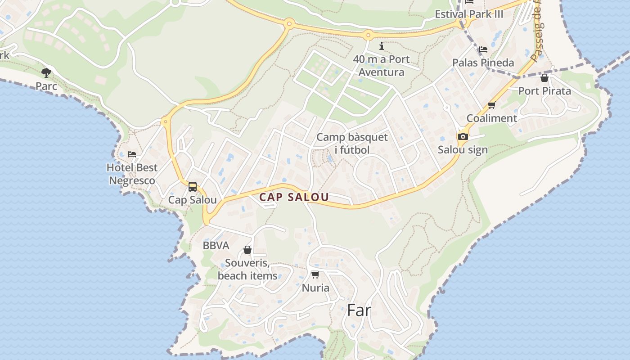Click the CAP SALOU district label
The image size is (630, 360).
(294, 197)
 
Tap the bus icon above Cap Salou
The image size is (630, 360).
(193, 186)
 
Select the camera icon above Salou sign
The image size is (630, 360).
(463, 136)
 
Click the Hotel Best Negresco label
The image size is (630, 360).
(132, 174)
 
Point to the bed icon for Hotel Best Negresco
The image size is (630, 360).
(132, 154)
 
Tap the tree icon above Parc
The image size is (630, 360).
(46, 72)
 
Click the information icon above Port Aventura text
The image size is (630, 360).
(382, 46)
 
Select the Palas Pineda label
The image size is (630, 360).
(483, 63)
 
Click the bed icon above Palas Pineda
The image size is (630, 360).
(483, 49)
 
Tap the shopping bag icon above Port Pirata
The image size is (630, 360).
(544, 78)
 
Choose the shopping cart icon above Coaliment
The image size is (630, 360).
(491, 105)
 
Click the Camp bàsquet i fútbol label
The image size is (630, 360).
(352, 144)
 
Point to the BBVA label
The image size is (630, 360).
(216, 246)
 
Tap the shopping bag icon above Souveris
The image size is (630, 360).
(247, 250)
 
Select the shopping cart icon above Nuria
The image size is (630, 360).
(315, 274)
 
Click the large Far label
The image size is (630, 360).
(359, 310)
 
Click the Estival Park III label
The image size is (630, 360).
(469, 14)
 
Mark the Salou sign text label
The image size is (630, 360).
(463, 150)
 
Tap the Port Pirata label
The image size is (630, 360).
(544, 91)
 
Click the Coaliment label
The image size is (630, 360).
(491, 118)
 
